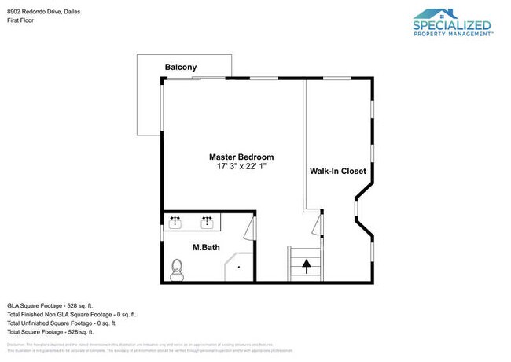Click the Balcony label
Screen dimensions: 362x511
(180, 68)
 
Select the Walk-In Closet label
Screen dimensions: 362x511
(337, 171)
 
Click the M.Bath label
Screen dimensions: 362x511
(206, 248)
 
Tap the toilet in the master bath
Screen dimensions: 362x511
(177, 271)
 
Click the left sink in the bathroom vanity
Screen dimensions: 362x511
(176, 222)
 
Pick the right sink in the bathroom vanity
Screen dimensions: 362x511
(208, 222)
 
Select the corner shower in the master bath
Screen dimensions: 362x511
(241, 268)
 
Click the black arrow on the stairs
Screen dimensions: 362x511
(306, 267)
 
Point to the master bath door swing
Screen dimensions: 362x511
(249, 231)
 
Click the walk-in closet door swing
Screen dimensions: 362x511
(316, 224)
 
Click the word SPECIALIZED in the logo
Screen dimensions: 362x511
(452, 25)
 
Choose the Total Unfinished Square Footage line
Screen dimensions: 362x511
(61, 323)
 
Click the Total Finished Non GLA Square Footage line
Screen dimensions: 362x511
(71, 314)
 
